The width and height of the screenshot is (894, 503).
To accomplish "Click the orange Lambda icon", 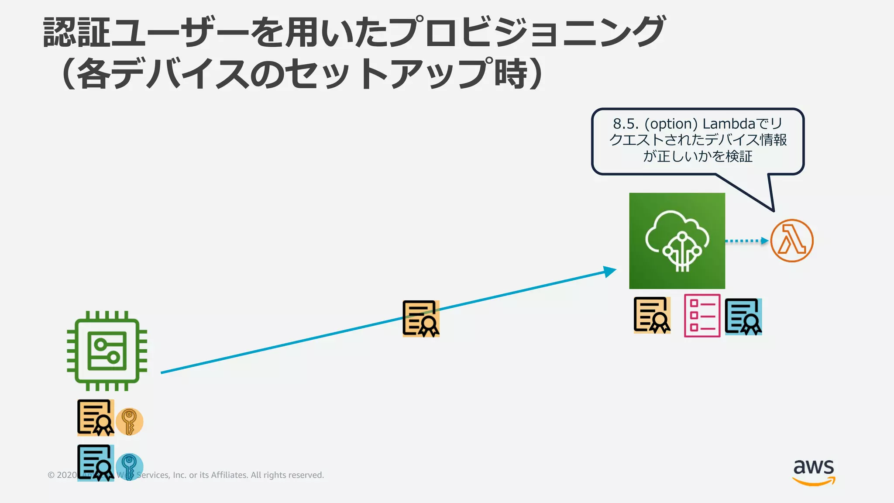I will (x=791, y=241).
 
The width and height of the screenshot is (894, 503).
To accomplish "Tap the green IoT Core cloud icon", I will (x=677, y=241).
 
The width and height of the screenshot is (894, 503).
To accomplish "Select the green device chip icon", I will (x=107, y=351).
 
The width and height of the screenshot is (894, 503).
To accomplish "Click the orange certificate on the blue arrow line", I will (x=421, y=319).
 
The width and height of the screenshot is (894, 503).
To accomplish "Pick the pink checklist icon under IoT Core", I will (x=702, y=316).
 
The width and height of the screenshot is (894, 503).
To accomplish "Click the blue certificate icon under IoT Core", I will (x=743, y=317).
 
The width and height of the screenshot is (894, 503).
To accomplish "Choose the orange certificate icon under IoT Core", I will (x=652, y=315).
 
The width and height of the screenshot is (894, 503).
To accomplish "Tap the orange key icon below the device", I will (x=129, y=422).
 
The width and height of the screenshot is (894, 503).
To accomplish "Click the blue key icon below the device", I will (x=129, y=466).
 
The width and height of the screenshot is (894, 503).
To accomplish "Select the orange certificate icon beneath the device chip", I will (x=96, y=418).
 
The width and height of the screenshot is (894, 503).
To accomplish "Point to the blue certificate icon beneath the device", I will (x=96, y=463).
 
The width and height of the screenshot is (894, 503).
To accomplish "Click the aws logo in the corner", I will (x=814, y=472).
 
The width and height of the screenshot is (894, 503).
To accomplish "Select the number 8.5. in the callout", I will (x=626, y=124).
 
